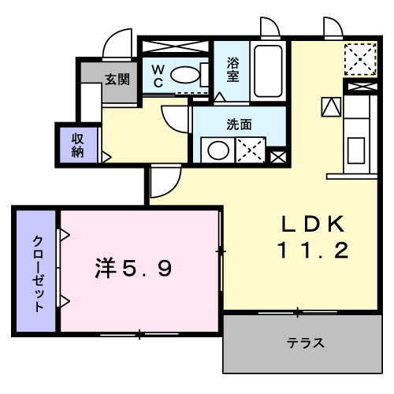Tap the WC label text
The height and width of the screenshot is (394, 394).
tap(158, 75)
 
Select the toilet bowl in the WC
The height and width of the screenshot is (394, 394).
tap(186, 76)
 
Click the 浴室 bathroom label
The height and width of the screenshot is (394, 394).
tap(232, 69)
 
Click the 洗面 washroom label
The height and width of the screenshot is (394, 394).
tap(239, 124)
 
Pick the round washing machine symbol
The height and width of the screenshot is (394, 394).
tap(215, 150)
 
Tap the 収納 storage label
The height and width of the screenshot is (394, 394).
tap(78, 144)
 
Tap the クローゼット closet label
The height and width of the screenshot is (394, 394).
tap(37, 273)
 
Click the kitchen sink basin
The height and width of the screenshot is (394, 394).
tap(355, 148)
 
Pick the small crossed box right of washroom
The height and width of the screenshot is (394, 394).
tap(277, 156)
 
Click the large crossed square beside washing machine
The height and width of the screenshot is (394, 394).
tap(250, 150)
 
